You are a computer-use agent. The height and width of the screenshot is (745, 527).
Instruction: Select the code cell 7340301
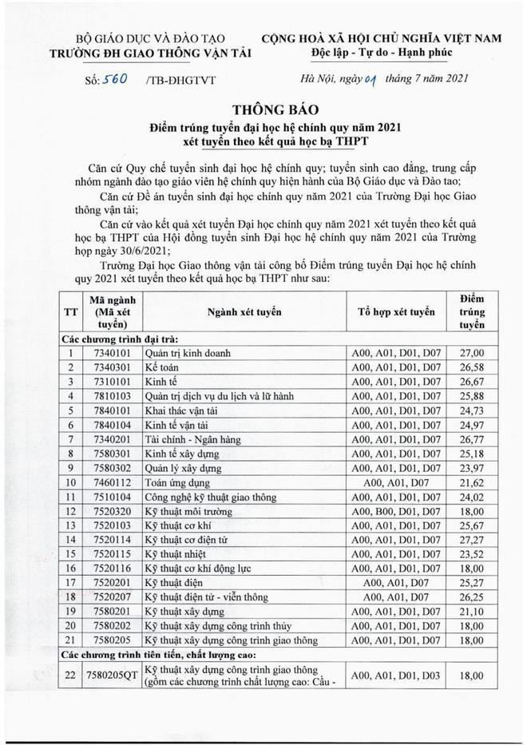click(x=110, y=366)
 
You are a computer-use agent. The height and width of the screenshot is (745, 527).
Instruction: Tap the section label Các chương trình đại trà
click(x=120, y=339)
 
